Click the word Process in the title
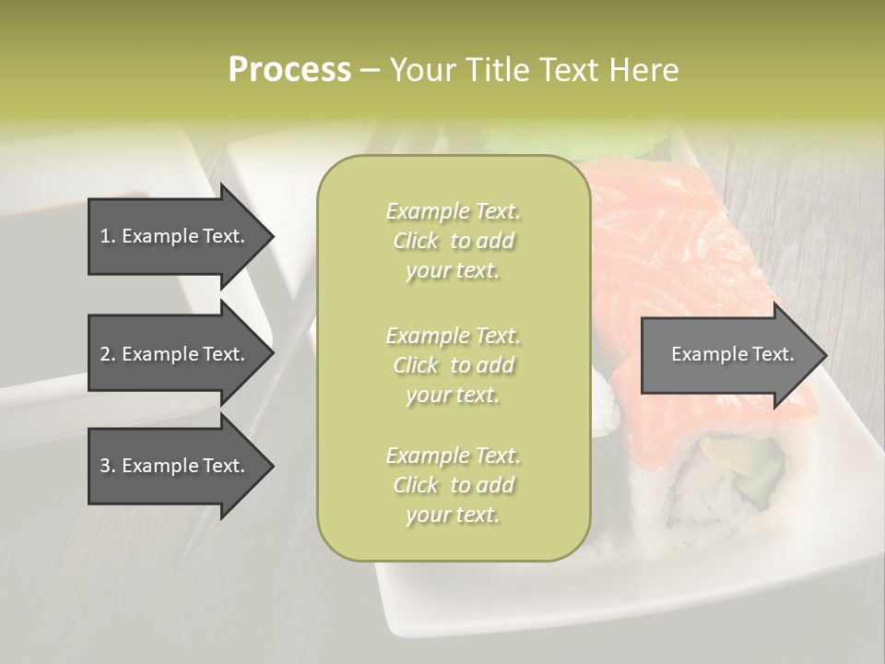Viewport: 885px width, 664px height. tap(289, 70)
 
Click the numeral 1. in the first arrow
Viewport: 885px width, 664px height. tap(107, 236)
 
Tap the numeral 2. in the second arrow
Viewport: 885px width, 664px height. tap(107, 354)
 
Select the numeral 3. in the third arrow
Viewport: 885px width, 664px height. tap(107, 466)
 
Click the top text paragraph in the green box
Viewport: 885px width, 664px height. tap(453, 241)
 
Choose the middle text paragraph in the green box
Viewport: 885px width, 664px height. tap(453, 364)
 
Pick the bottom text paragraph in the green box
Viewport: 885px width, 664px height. tap(453, 485)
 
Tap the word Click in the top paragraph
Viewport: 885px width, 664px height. tap(416, 241)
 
